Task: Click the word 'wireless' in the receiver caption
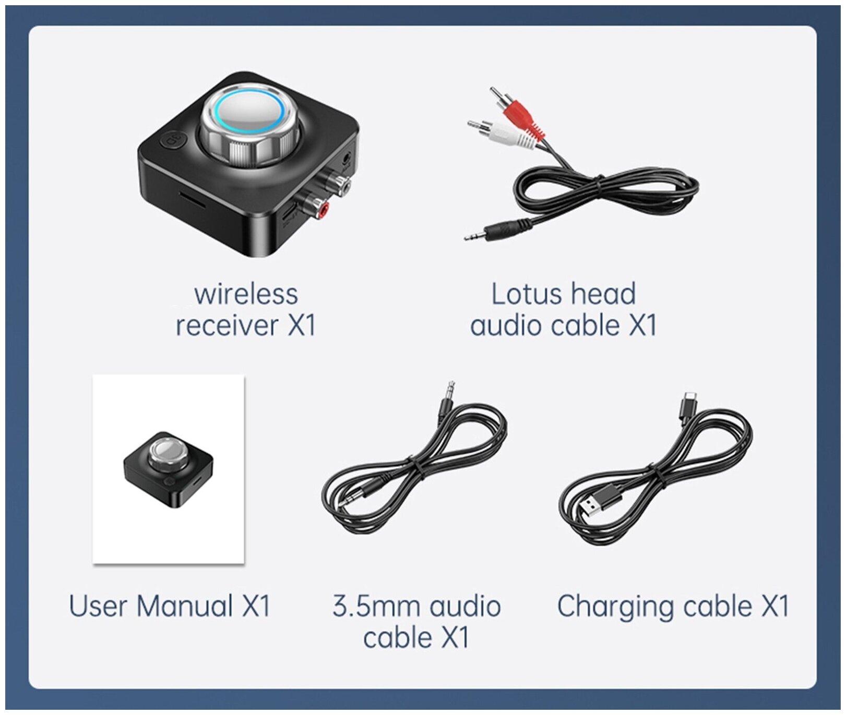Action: pos(246,294)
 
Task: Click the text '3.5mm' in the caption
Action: pos(376,607)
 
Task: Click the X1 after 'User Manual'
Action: pos(256,607)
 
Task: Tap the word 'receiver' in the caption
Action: pos(227,325)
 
